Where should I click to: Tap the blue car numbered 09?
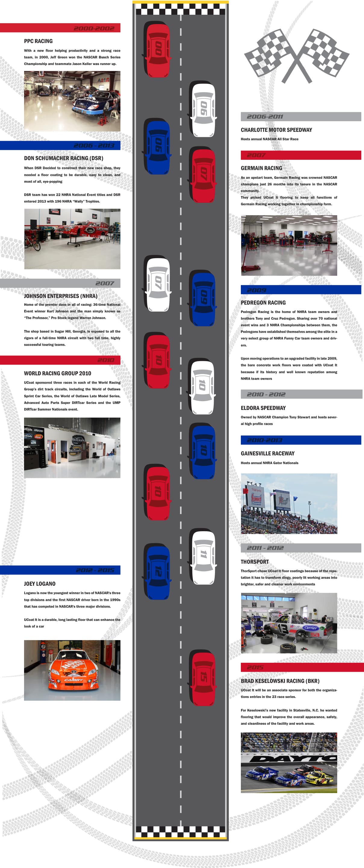click(x=203, y=299)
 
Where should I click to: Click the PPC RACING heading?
click(x=38, y=41)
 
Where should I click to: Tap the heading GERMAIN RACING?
click(x=261, y=168)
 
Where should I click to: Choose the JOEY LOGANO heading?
click(x=39, y=584)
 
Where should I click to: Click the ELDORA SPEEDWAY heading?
click(x=263, y=408)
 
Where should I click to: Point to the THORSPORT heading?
click(x=254, y=562)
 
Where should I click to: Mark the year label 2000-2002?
click(x=94, y=28)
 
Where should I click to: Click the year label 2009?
click(x=257, y=290)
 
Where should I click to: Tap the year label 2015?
click(x=255, y=667)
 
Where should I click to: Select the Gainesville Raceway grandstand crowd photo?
click(x=289, y=504)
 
